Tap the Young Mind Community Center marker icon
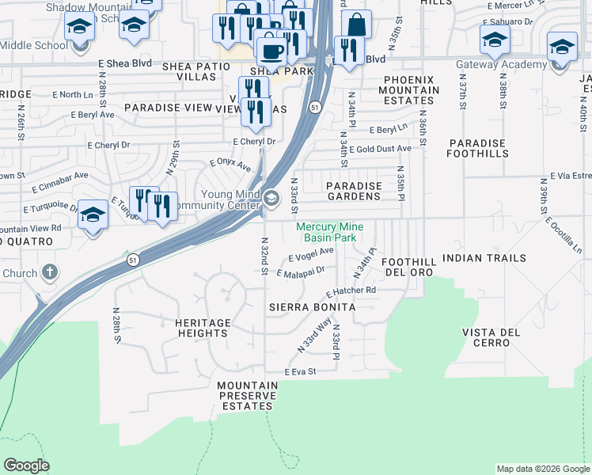pos(271,199)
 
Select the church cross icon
pos(49,273)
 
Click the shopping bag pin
pos(357,25)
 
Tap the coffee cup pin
pos(271,51)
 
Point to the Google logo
pos(26,465)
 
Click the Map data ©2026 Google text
pos(542,469)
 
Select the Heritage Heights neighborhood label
pos(203,328)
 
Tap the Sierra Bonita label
pos(311,306)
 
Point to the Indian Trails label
pos(484,258)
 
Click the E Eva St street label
pos(301,371)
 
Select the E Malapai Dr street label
pos(301,272)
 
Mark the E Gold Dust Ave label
pos(381,148)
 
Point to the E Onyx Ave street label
pos(230,165)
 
